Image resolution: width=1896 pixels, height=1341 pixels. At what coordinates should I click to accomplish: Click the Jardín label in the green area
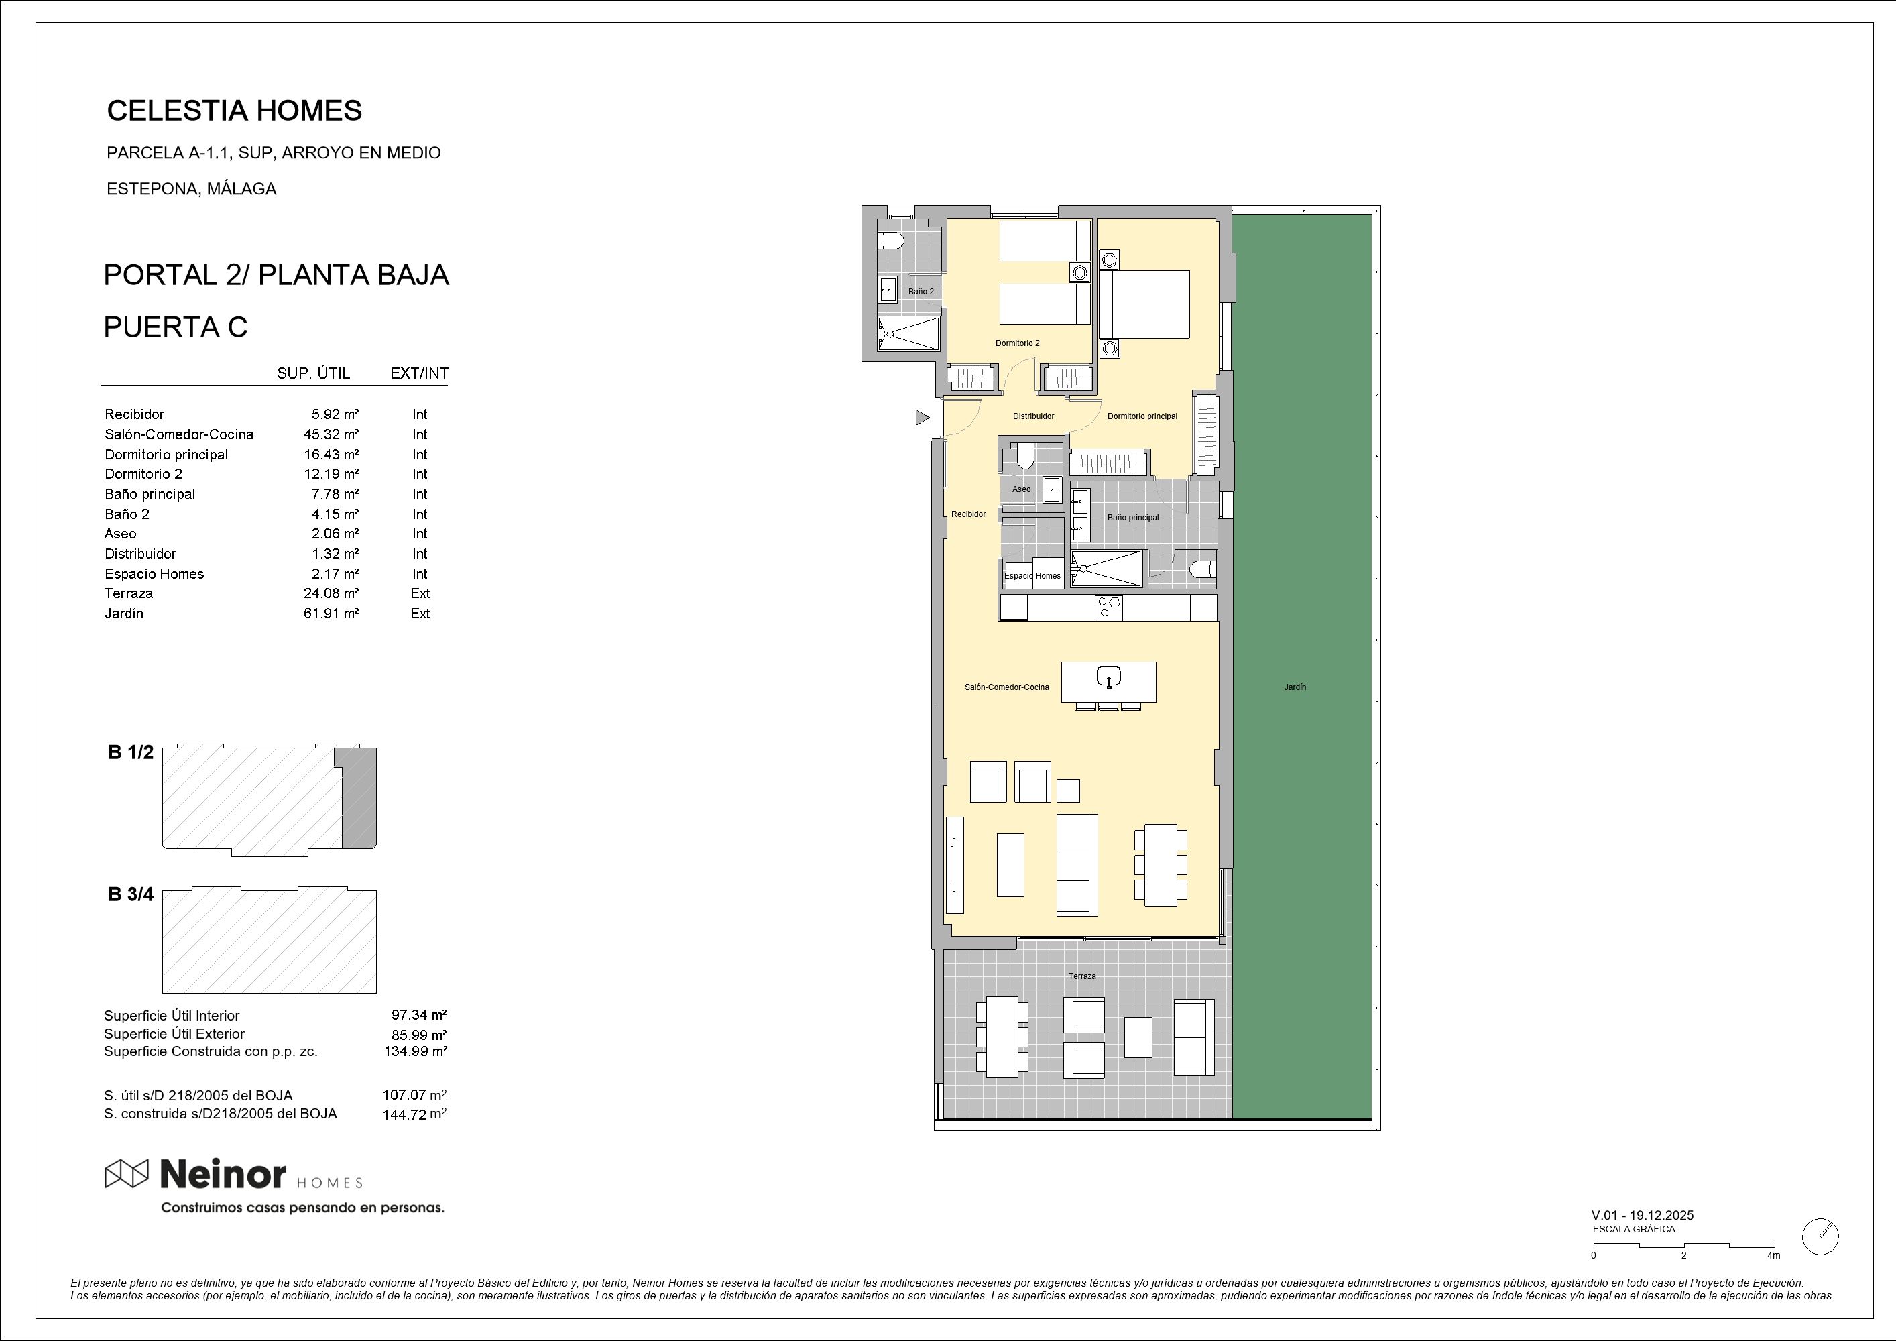(1295, 687)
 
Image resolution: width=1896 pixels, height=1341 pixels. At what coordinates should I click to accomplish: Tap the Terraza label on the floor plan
(1082, 976)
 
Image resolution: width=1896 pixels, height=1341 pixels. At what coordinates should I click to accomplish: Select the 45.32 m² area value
(331, 434)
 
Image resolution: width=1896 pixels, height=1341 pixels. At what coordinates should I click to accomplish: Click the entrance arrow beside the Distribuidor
(923, 418)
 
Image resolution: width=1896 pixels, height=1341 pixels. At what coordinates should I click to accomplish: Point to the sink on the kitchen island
(1108, 677)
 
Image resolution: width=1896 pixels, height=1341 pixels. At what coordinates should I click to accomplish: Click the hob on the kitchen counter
(1108, 607)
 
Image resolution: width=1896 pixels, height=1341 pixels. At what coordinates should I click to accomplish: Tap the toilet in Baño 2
(890, 241)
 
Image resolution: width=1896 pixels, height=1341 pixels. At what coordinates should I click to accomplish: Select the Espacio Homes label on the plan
(1032, 575)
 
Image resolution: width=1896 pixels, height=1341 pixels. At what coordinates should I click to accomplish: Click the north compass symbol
(1820, 1236)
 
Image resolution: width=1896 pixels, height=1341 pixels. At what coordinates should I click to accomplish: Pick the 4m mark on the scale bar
(1773, 1255)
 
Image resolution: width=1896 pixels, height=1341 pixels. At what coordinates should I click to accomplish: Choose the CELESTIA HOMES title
(235, 111)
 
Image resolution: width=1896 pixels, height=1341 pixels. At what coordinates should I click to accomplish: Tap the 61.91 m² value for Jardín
(331, 614)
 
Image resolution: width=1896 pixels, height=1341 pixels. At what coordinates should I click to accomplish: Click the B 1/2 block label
(131, 752)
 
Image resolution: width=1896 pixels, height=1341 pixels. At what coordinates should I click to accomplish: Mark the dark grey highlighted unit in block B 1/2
(357, 798)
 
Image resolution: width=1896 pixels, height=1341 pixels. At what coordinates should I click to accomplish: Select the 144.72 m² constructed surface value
(414, 1114)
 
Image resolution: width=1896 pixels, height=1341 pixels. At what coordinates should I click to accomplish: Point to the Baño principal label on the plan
(1132, 518)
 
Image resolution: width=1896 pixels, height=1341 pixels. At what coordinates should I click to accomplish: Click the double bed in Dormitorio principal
(1144, 304)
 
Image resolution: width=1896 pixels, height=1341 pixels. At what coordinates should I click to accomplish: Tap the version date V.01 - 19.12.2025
(1643, 1216)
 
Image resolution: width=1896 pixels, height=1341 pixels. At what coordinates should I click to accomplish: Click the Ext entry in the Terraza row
(420, 593)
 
